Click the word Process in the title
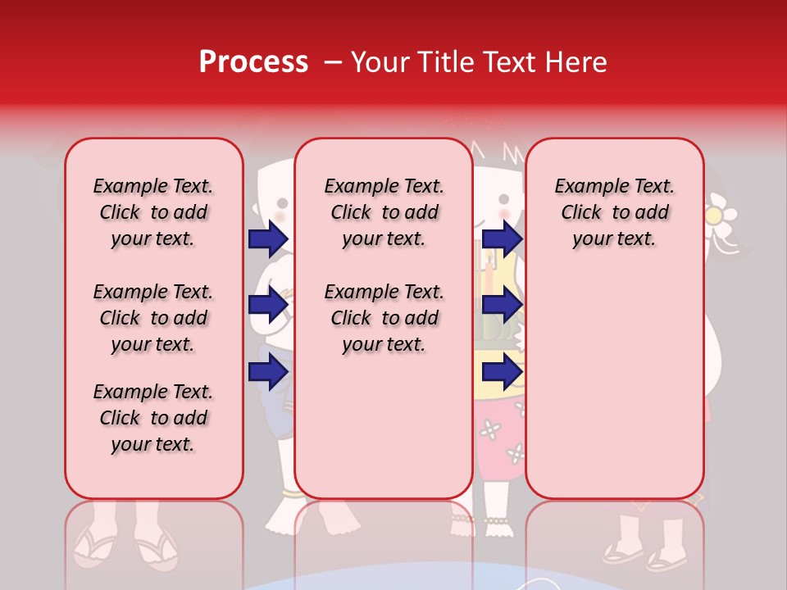pyautogui.click(x=253, y=62)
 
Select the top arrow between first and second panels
pyautogui.click(x=267, y=239)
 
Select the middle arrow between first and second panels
pyautogui.click(x=267, y=306)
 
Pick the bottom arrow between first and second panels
pyautogui.click(x=267, y=373)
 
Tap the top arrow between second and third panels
pyautogui.click(x=502, y=239)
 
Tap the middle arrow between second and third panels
pyautogui.click(x=502, y=306)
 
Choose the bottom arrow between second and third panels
pyautogui.click(x=502, y=373)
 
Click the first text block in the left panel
pyautogui.click(x=153, y=212)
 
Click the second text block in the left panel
pyautogui.click(x=153, y=318)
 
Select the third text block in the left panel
pyautogui.click(x=153, y=418)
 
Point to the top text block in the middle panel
pyautogui.click(x=384, y=212)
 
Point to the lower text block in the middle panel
pyautogui.click(x=384, y=318)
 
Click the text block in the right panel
pyautogui.click(x=614, y=212)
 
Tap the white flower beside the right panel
pyautogui.click(x=720, y=213)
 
